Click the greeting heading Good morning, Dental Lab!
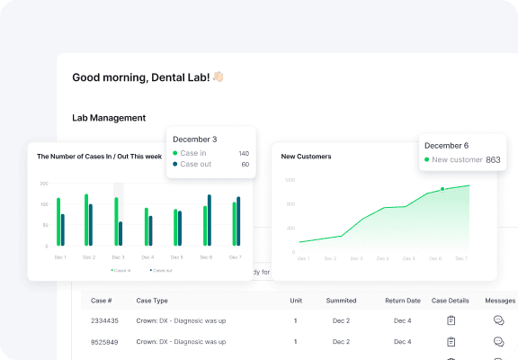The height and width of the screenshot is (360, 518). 141,77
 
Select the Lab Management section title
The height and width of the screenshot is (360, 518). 109,118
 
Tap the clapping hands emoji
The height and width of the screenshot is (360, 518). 218,77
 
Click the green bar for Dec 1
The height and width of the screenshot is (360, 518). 58,221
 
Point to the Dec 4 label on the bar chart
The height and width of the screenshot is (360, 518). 147,257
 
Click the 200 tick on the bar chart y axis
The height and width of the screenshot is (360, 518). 44,184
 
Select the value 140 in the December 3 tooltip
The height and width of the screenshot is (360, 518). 244,153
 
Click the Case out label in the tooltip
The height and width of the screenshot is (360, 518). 196,164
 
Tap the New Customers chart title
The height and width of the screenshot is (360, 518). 306,157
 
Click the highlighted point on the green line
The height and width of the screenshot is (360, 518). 442,189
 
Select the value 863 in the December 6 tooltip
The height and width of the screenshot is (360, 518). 493,159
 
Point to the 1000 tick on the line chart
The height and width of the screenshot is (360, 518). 290,180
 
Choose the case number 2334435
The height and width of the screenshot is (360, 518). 106,320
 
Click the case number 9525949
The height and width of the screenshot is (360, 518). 106,342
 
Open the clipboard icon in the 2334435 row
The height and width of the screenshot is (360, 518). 451,320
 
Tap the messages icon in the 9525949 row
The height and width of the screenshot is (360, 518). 499,342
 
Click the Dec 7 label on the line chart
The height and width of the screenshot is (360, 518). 462,258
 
